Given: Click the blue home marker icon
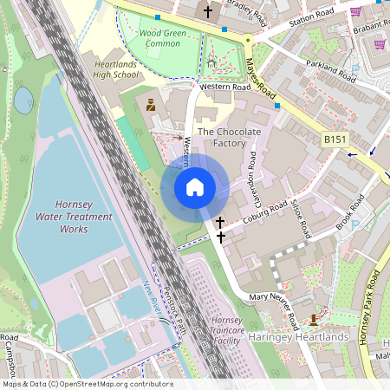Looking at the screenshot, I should point(195,187).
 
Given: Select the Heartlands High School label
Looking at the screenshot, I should point(115,69).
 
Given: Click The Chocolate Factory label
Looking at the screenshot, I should point(229,137).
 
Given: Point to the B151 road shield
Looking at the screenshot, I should point(335,139).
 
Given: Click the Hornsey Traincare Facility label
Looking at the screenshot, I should point(227,331).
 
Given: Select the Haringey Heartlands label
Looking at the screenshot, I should point(298,336).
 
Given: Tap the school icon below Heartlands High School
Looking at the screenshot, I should point(151,106).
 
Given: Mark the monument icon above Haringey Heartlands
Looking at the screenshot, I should point(313,321).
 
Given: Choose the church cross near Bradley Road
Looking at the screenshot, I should point(207,12).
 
